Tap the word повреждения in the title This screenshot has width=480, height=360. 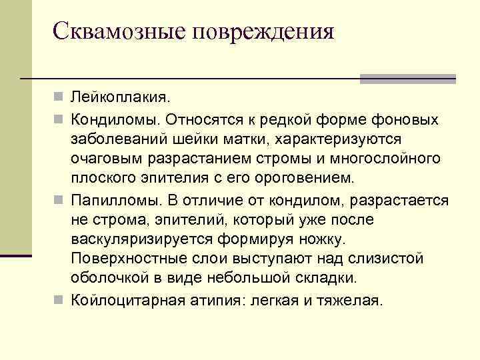pyautogui.click(x=263, y=31)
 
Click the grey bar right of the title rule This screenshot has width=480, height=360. pyautogui.click(x=407, y=79)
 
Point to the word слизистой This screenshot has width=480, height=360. pyautogui.click(x=387, y=258)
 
